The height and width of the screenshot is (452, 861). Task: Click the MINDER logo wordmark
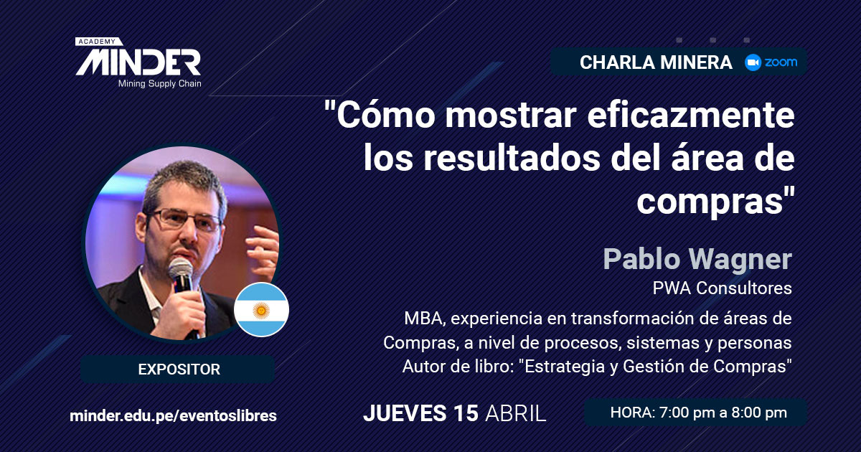click(138, 62)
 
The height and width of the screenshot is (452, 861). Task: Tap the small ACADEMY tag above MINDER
click(98, 42)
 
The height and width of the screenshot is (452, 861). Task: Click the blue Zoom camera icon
click(753, 62)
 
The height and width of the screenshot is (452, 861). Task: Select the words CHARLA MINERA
click(656, 62)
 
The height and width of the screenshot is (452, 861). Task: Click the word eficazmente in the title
click(691, 116)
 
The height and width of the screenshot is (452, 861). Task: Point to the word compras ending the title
click(715, 202)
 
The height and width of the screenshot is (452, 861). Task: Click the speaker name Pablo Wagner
click(697, 260)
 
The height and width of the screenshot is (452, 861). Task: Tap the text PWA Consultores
click(723, 288)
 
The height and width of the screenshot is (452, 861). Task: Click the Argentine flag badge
click(261, 310)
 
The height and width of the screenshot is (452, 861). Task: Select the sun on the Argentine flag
click(261, 310)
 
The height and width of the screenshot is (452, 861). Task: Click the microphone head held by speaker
click(180, 268)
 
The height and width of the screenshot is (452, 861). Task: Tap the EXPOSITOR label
click(179, 369)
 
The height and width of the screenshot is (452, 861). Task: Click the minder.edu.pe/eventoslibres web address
click(173, 415)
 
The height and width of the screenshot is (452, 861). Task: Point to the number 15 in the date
click(466, 413)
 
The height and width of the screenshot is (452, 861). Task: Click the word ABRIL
click(516, 413)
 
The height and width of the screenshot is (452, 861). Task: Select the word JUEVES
click(405, 413)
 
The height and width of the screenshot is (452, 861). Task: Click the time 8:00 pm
click(759, 413)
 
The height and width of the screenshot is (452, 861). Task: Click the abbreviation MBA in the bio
click(423, 319)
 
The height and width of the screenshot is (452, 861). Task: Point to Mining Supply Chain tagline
click(159, 83)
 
